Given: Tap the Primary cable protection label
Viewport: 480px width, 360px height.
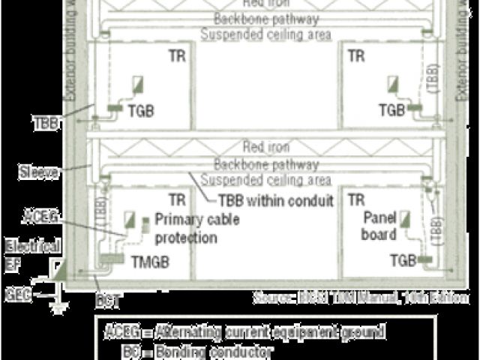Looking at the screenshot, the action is click(x=186, y=228).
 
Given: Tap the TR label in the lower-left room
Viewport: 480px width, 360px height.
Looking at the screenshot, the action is click(x=177, y=200).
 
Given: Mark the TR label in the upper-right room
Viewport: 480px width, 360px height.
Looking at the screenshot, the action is click(x=356, y=56).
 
